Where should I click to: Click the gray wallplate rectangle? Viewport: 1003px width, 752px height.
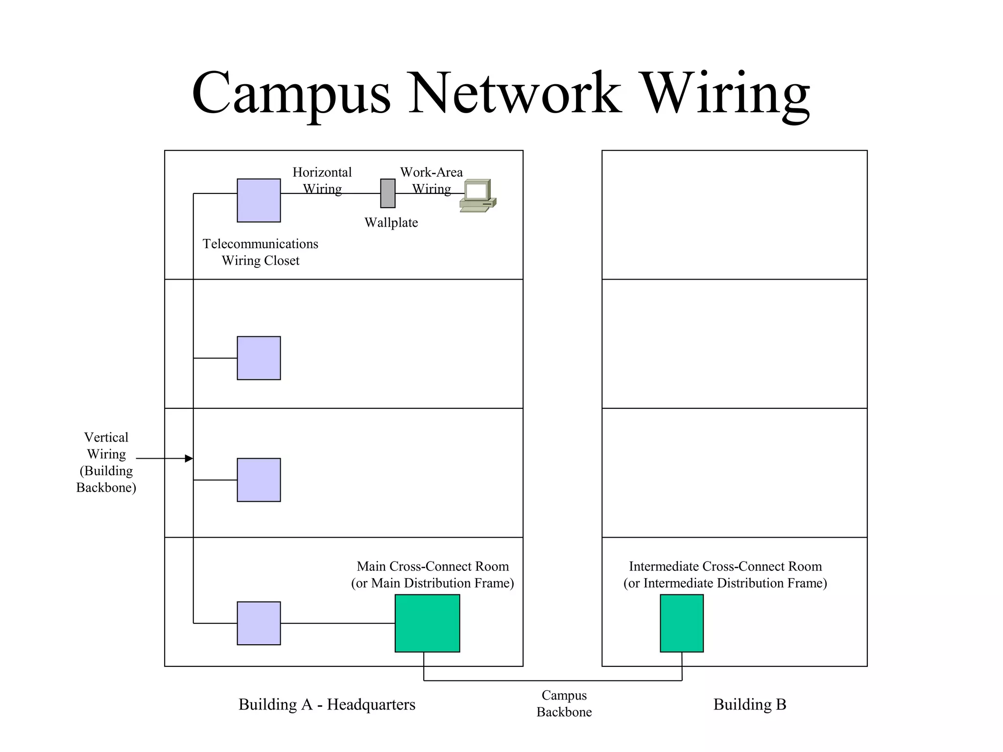387,193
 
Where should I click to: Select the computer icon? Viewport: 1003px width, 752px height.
478,196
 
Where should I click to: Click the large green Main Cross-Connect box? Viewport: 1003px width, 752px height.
427,623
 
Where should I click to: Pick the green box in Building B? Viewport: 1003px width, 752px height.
681,623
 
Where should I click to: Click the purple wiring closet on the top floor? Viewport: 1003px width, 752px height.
259,200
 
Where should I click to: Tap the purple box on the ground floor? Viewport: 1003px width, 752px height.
259,623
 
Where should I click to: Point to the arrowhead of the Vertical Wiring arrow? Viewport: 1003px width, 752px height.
190,458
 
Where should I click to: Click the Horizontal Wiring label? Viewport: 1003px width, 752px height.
322,180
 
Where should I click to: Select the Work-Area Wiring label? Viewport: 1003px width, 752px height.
431,180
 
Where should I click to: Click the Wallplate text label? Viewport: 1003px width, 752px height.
391,222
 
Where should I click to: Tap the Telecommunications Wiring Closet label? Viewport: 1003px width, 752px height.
260,252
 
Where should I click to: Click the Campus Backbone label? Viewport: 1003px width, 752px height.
564,703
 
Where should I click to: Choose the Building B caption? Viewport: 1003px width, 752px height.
749,704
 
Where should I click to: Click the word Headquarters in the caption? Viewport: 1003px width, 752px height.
371,704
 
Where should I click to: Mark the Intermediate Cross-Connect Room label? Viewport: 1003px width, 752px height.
725,574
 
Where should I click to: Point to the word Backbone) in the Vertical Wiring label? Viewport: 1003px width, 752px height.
106,487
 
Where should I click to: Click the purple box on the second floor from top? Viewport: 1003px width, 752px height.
259,357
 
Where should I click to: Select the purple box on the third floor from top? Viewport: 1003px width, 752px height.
259,479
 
